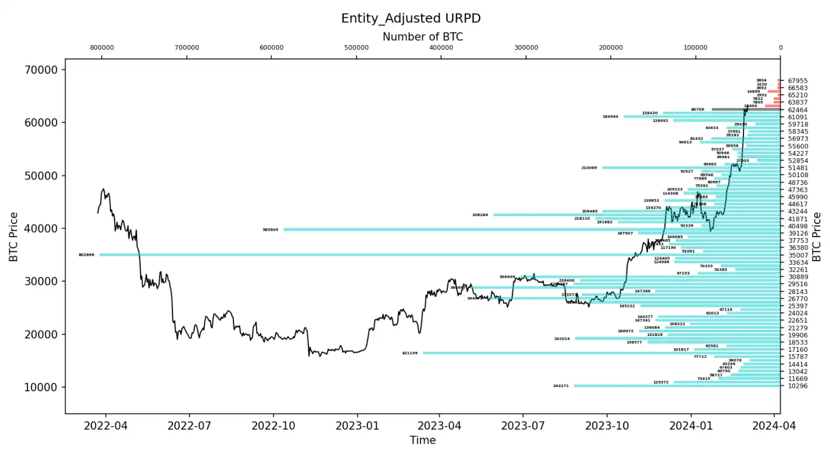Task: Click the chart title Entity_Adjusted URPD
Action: (411, 18)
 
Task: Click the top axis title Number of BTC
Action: (422, 37)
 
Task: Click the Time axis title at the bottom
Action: (422, 439)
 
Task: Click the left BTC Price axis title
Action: (13, 237)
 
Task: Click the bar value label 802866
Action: (87, 255)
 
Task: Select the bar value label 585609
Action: (270, 229)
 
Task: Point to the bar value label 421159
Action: (410, 353)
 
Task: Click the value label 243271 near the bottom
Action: (561, 386)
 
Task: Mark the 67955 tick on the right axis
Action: (798, 80)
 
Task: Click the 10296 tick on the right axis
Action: (798, 386)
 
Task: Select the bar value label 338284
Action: (480, 215)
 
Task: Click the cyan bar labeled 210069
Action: (670, 167)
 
